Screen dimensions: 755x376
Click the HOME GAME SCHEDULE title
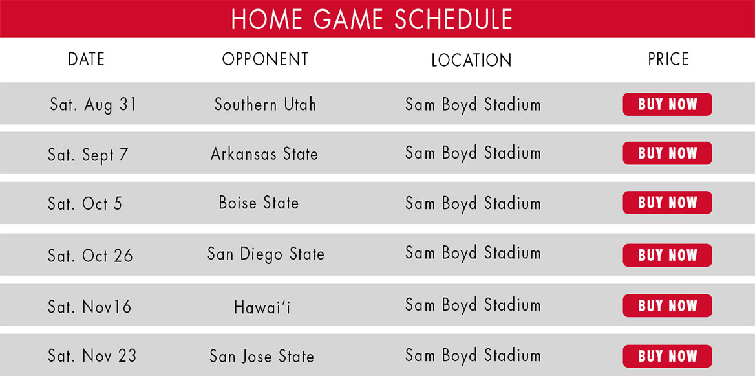372,19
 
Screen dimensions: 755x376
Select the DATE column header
86,60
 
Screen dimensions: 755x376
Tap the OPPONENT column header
265,60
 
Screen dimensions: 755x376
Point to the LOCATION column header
471,60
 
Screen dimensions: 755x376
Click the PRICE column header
668,60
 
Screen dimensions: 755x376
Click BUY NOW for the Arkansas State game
667,153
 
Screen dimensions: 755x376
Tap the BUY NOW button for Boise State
667,203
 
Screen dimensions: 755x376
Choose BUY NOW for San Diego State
667,255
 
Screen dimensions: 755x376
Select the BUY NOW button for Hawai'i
667,305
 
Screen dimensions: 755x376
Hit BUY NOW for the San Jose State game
667,356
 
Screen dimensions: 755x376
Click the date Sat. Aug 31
94,105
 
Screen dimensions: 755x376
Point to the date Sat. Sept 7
88,155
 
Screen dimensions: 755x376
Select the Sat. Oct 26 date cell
90,255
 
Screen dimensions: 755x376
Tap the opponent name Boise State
259,203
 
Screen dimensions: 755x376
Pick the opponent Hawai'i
262,307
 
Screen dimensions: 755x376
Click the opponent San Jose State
261,357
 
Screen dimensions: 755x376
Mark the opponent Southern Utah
265,105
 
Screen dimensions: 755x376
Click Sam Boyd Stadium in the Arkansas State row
473,154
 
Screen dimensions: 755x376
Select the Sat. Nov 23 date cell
92,356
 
